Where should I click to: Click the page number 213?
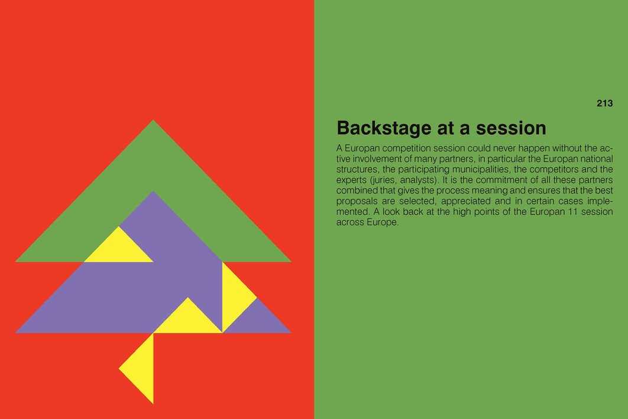pos(604,104)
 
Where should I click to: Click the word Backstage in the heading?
pos(384,128)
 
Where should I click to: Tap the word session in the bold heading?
pos(511,128)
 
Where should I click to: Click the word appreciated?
pos(465,201)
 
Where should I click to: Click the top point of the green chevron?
pos(153,120)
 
